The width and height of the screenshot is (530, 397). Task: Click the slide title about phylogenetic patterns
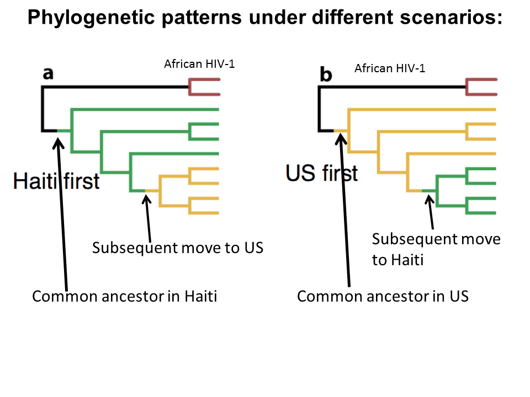[x=264, y=18]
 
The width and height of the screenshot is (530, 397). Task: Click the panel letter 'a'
[x=48, y=73]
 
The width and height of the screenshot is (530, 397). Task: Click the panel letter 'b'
[x=326, y=74]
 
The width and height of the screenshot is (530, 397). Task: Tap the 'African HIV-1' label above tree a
[x=199, y=64]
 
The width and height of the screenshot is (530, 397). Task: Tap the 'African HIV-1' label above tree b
[x=390, y=68]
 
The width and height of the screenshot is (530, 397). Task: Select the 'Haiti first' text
[x=56, y=180]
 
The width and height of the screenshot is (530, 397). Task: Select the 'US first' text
[x=321, y=173]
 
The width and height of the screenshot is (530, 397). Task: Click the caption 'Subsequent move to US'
[x=178, y=248]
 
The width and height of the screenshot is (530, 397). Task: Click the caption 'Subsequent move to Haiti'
[x=436, y=249]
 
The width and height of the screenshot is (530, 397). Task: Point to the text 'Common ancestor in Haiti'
[x=125, y=296]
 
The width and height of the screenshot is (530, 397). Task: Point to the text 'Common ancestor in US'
[x=383, y=296]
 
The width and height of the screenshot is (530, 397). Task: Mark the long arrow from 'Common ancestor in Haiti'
[x=62, y=215]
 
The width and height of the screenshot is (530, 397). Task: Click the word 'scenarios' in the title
[x=446, y=18]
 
